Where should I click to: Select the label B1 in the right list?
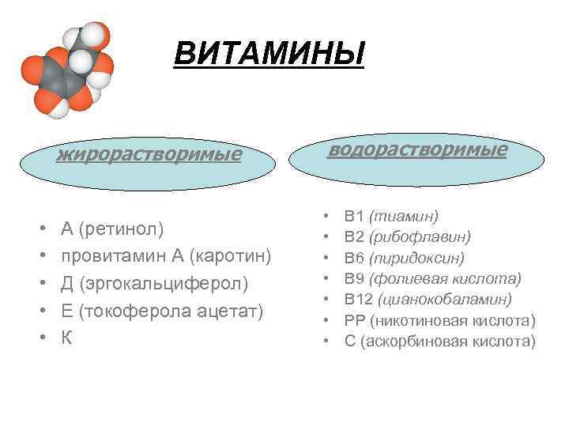tap(354, 215)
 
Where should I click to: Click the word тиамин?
tap(404, 215)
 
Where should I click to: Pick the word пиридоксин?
tap(416, 258)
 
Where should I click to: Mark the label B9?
tap(354, 278)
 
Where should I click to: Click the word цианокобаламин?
tap(445, 300)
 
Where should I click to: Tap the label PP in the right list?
tap(354, 321)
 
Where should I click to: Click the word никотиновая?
tap(420, 321)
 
